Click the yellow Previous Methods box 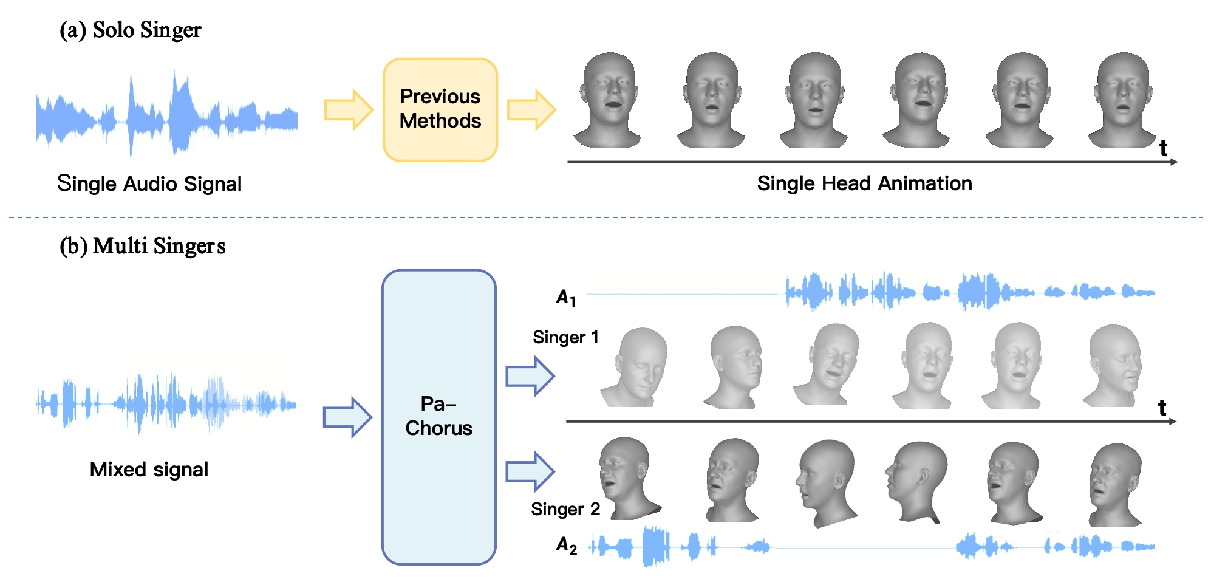[x=440, y=109]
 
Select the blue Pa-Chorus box [x=438, y=417]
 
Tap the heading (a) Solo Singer [x=130, y=30]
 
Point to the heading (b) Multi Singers [x=142, y=246]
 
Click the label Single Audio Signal [x=149, y=183]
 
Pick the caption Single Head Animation [x=864, y=183]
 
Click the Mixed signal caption [x=149, y=470]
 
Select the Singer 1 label [x=565, y=337]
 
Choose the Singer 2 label [x=565, y=509]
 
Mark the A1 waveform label [x=566, y=298]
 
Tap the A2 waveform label [x=566, y=546]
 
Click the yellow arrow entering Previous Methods [x=349, y=110]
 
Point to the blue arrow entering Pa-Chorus [x=347, y=417]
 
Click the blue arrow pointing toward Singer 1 [x=530, y=376]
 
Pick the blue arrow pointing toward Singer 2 [x=530, y=471]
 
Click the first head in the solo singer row [x=609, y=100]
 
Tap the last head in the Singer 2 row [x=1116, y=484]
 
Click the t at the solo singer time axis [x=1163, y=148]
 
